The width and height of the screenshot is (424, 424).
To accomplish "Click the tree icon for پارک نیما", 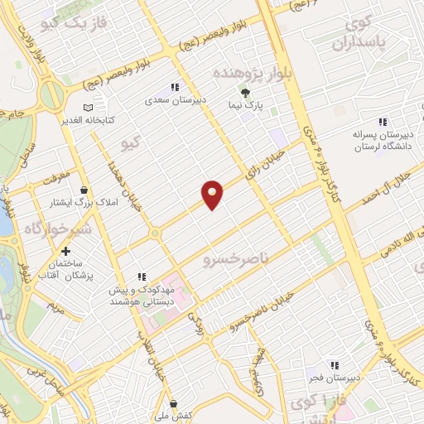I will pyautogui.click(x=244, y=92).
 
